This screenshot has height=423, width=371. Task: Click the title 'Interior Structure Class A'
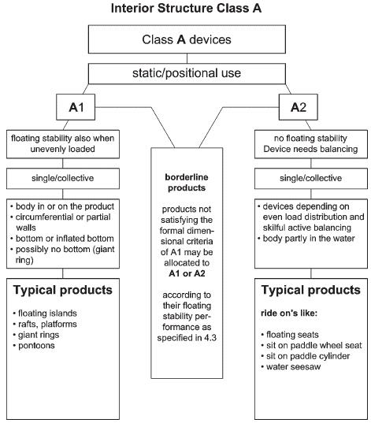pyautogui.click(x=186, y=8)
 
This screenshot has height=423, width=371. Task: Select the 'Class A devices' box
pyautogui.click(x=187, y=39)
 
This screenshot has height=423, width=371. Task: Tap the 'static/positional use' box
pyautogui.click(x=187, y=73)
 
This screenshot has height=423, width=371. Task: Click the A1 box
pyautogui.click(x=76, y=107)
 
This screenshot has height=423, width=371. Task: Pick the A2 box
pyautogui.click(x=299, y=107)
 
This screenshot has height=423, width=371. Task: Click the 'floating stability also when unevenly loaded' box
pyautogui.click(x=63, y=144)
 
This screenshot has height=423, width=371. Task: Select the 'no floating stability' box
pyautogui.click(x=311, y=144)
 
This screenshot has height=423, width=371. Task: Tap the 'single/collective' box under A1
pyautogui.click(x=63, y=178)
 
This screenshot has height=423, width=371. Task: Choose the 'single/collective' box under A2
pyautogui.click(x=311, y=178)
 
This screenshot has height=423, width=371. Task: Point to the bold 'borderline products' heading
pyautogui.click(x=187, y=183)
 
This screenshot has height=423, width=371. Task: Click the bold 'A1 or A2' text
pyautogui.click(x=187, y=273)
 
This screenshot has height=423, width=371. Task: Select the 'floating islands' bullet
pyautogui.click(x=45, y=314)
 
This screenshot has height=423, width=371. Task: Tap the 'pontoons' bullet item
pyautogui.click(x=34, y=346)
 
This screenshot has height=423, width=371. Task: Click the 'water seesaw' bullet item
pyautogui.click(x=291, y=367)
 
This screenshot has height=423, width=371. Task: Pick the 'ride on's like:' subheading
pyautogui.click(x=289, y=314)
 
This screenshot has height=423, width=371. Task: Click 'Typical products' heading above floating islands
pyautogui.click(x=62, y=291)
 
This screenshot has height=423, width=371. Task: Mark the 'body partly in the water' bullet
pyautogui.click(x=306, y=239)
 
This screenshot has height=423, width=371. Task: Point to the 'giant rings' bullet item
pyautogui.click(x=36, y=335)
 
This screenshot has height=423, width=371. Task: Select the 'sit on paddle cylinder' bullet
pyautogui.click(x=306, y=356)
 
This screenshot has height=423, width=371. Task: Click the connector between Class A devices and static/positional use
pyautogui.click(x=187, y=58)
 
